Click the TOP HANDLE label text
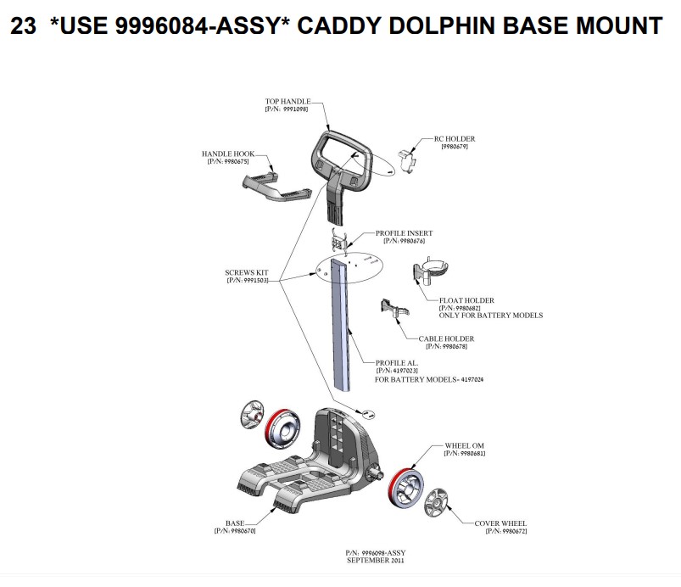coord(288,101)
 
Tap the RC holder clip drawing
coord(408,159)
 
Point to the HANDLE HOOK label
coord(228,154)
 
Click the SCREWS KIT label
coord(247,272)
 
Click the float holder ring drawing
coord(431,270)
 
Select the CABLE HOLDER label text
coord(446,338)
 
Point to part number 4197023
coord(405,371)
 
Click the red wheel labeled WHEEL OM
coord(405,486)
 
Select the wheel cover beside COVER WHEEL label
coord(436,503)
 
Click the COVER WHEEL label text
coord(500,523)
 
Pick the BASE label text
coord(235,523)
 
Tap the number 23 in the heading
coord(23,25)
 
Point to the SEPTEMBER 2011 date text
coord(375,561)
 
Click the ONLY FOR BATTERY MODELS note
coord(491,316)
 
